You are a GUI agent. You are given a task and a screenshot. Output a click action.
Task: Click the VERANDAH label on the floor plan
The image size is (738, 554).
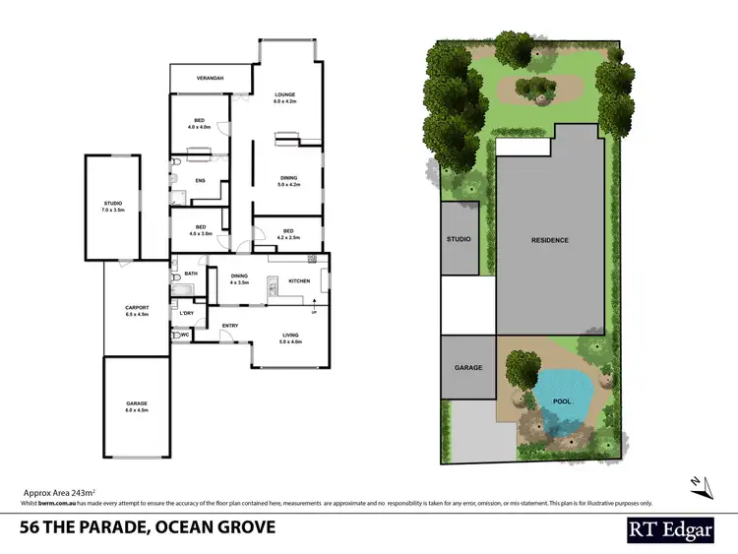click(208, 78)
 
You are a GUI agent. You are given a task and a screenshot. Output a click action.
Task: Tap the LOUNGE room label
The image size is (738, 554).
click(284, 95)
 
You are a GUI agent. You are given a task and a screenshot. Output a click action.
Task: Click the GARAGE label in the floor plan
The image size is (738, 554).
click(137, 403)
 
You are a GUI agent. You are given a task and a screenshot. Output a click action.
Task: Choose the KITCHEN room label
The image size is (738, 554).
click(299, 281)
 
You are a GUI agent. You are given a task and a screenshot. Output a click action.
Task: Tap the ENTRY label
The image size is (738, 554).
click(230, 326)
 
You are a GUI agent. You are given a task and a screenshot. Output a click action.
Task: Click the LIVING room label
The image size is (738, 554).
click(289, 336)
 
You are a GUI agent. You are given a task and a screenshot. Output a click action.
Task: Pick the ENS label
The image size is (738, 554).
click(200, 180)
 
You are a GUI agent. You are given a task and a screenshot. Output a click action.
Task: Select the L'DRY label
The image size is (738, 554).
click(187, 313)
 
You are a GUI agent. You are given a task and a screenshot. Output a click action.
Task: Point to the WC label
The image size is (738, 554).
click(184, 335)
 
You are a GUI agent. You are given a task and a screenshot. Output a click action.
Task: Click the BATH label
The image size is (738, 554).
click(192, 274)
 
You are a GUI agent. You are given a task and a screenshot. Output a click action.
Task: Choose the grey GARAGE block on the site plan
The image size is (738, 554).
click(468, 368)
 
